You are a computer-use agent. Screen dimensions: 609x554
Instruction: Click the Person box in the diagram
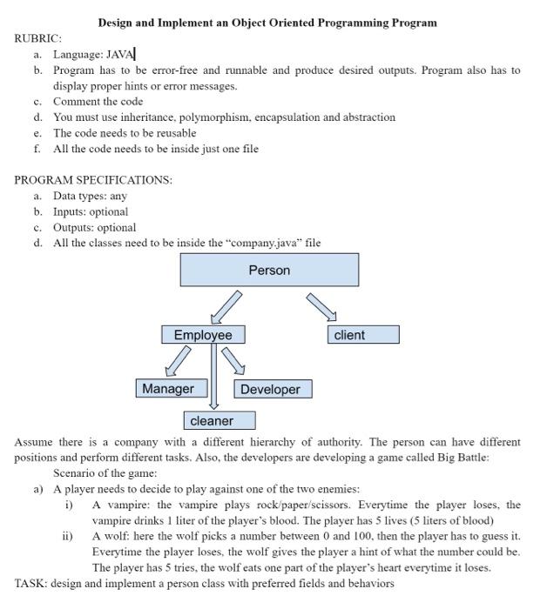point(269,271)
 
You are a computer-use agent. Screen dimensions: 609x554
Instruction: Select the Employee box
point(203,335)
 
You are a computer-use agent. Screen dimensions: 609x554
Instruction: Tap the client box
point(364,335)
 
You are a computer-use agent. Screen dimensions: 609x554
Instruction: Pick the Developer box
point(272,390)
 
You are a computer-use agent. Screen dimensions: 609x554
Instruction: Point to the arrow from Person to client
point(320,307)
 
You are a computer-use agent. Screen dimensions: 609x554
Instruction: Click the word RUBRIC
point(37,39)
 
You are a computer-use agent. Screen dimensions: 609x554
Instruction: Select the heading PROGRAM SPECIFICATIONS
point(93,180)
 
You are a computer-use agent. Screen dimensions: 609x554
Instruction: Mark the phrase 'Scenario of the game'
point(105,473)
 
